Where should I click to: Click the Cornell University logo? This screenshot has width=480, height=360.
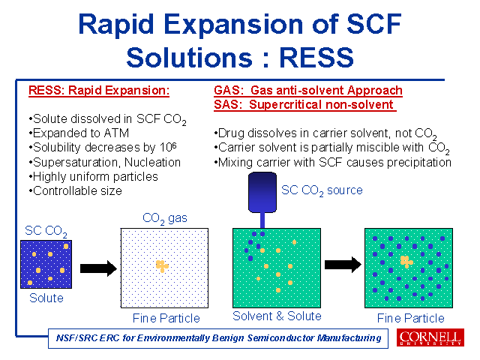pos(430,337)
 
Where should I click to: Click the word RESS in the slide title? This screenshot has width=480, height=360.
pos(316,58)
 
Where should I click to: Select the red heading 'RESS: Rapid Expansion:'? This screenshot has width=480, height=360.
pos(99,91)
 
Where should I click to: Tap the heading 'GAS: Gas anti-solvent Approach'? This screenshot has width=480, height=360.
pos(308,91)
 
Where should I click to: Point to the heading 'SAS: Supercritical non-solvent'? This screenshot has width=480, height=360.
pos(305,105)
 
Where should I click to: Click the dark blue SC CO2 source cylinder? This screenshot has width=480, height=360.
pos(262,192)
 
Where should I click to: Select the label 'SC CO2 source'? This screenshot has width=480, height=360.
pos(322,190)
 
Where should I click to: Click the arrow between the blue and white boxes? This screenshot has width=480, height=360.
pos(98,268)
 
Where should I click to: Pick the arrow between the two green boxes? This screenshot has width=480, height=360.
pos(343,265)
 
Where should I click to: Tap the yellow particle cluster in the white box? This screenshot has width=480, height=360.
pos(162,265)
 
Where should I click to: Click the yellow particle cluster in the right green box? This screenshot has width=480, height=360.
pos(406,262)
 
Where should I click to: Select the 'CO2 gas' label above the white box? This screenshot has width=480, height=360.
pos(165,218)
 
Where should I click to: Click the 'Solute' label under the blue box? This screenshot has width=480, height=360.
pos(46,298)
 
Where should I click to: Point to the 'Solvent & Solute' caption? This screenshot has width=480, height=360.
pos(277,316)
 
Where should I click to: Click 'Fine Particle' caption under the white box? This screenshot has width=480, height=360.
pos(166,318)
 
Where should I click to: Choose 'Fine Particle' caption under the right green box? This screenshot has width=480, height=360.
pos(411,318)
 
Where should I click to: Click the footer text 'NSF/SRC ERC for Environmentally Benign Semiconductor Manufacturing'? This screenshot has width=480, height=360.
pos(218,338)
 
